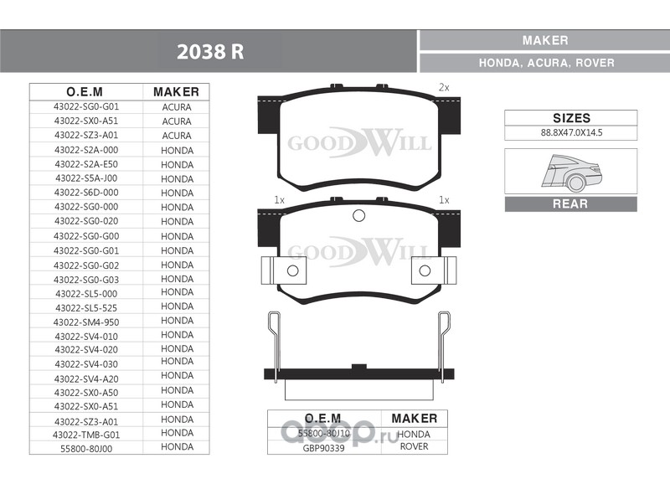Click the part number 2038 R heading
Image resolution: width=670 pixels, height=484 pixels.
[x=210, y=52]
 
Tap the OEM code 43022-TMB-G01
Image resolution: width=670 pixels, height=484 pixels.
[x=86, y=435]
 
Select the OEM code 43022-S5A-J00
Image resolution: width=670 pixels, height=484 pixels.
[x=86, y=178]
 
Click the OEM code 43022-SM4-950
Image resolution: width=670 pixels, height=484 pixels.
[x=86, y=322]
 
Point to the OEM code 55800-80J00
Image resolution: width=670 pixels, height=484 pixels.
[x=86, y=449]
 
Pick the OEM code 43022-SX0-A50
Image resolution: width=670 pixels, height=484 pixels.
[x=86, y=393]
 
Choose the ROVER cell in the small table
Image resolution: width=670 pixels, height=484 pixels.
[x=414, y=446]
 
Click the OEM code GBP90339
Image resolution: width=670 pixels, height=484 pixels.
[x=323, y=449]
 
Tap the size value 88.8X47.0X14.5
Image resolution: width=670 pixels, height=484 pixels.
[x=571, y=132]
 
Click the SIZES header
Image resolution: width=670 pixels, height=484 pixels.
[x=571, y=118]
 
